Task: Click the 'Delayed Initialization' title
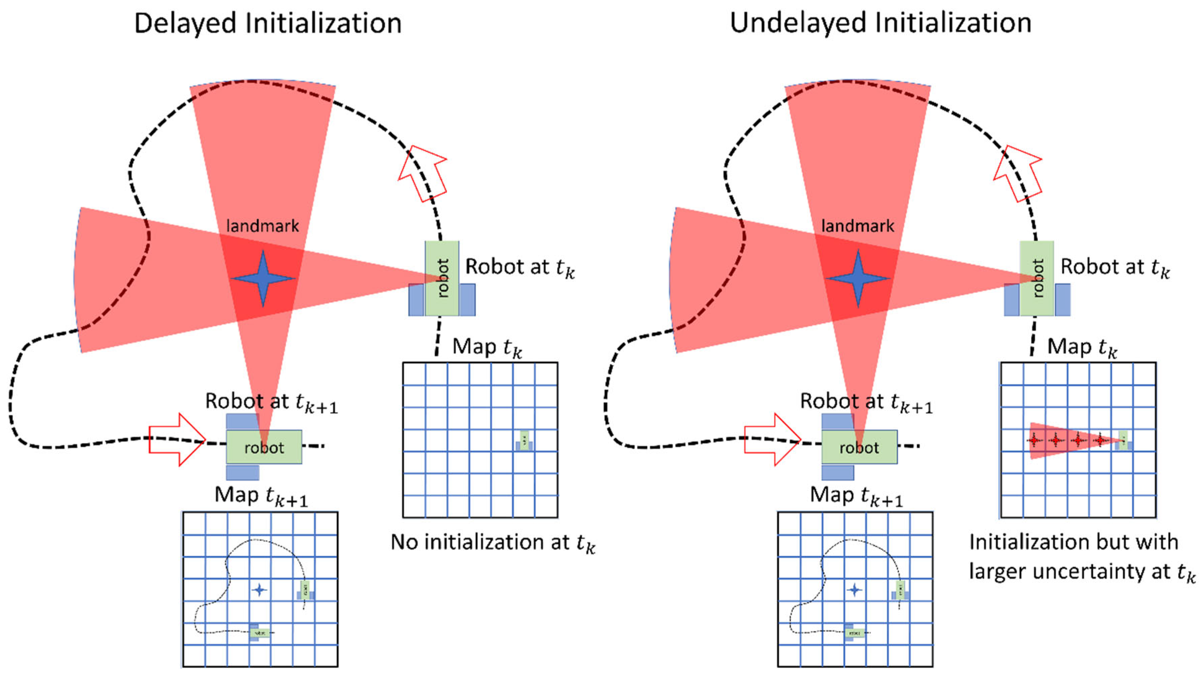[x=268, y=23]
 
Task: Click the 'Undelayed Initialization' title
[x=880, y=23]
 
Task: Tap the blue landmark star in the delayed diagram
[x=263, y=278]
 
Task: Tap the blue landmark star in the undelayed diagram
[x=858, y=278]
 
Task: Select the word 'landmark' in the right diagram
[x=858, y=226]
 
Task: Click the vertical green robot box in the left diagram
[x=442, y=278]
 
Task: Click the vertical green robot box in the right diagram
[x=1037, y=278]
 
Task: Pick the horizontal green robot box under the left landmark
[x=264, y=447]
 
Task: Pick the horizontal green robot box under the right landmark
[x=859, y=447]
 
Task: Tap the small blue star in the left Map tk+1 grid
[x=259, y=590]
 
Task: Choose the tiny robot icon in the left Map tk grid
[x=525, y=440]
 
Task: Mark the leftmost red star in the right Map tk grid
[x=1035, y=440]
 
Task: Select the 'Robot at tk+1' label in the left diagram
[x=271, y=402]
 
